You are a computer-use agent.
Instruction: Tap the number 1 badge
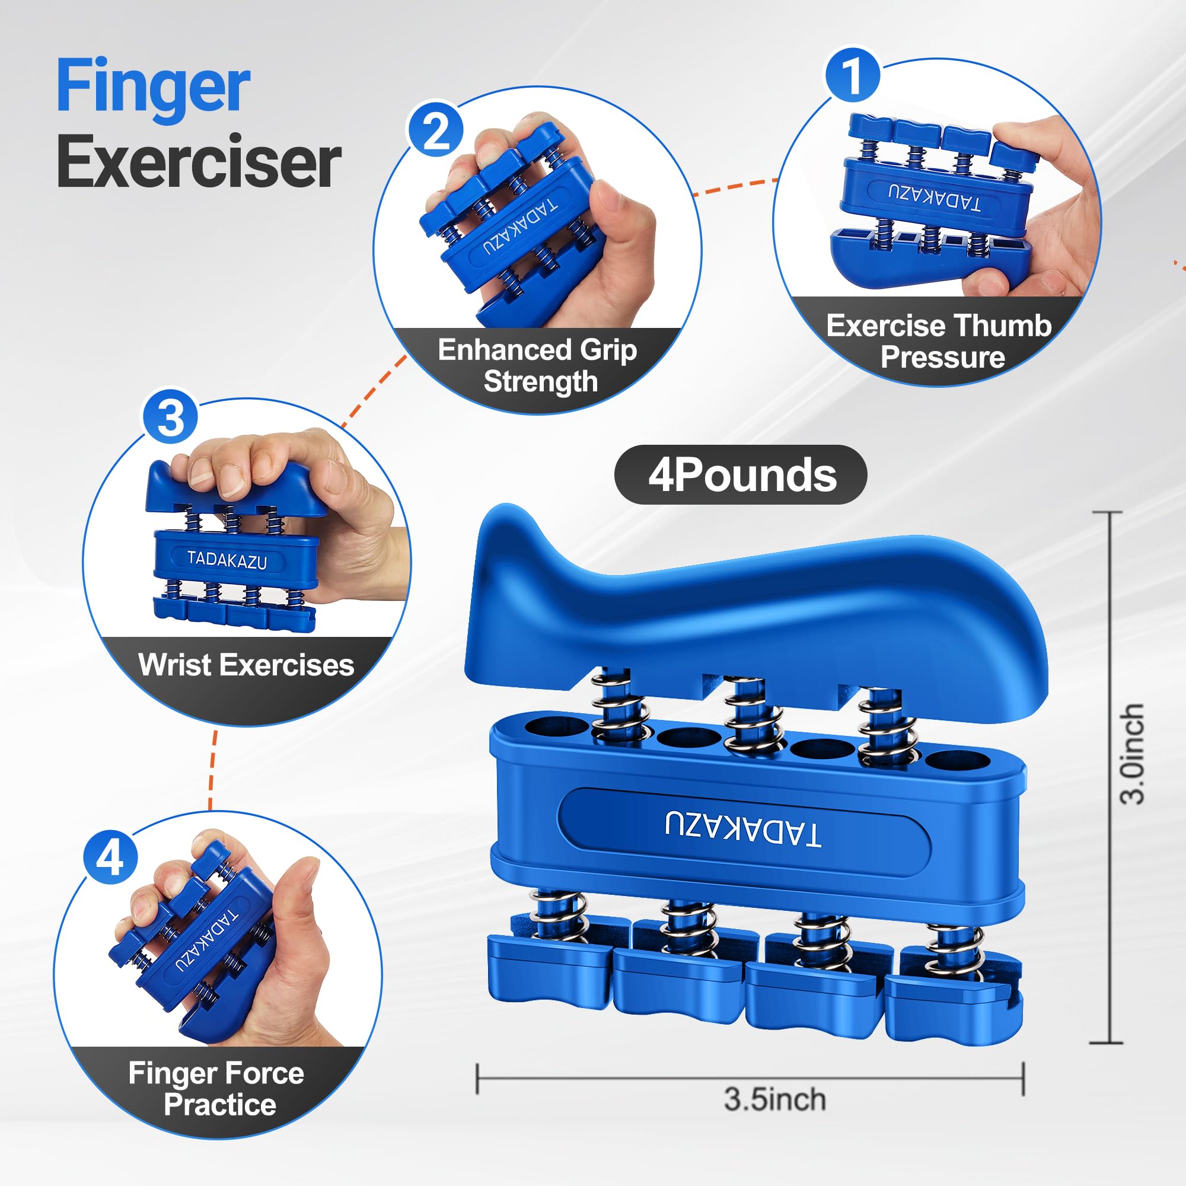pos(852,75)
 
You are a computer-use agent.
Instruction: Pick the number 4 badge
pos(110,857)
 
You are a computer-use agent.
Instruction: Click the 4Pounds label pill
pos(740,474)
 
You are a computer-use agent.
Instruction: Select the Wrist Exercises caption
pos(246,664)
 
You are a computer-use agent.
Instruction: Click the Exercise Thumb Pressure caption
pos(939,342)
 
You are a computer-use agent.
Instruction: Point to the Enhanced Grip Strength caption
pos(538,366)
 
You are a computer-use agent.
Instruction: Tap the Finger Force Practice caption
pos(216,1088)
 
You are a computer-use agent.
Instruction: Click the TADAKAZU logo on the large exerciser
pos(743,830)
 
